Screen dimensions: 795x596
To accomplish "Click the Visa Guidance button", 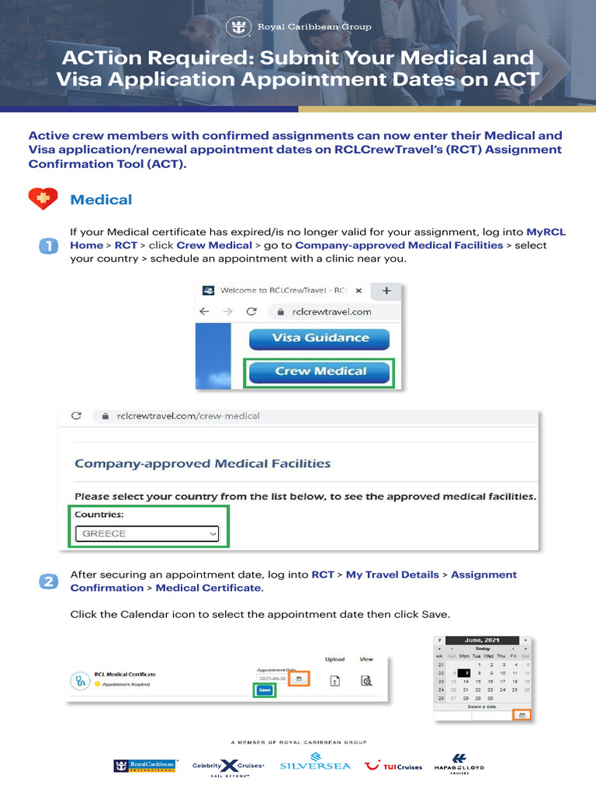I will [x=320, y=338].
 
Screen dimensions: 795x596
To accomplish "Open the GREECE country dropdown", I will [x=147, y=534].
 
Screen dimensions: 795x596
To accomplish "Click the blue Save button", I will [x=265, y=689].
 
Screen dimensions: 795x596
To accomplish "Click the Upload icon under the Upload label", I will [x=335, y=681].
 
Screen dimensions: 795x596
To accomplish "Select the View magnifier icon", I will [x=366, y=681].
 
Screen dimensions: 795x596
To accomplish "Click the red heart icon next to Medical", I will [x=43, y=200].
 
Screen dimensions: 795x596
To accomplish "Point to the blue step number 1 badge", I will [x=47, y=246].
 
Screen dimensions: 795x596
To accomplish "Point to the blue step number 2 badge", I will [x=47, y=581].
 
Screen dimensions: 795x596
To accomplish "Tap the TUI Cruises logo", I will [x=393, y=765].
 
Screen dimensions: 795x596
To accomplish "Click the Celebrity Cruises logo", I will [x=229, y=765].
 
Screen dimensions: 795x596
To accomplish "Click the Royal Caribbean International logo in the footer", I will [x=146, y=765].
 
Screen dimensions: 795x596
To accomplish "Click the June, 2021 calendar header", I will [x=483, y=640].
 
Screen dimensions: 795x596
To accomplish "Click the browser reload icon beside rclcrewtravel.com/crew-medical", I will [x=76, y=416].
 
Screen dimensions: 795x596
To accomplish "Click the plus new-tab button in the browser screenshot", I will [x=386, y=290].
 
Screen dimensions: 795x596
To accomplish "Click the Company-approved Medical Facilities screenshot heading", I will [x=203, y=463].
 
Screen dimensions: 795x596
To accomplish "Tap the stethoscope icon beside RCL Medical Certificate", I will [x=80, y=680].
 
